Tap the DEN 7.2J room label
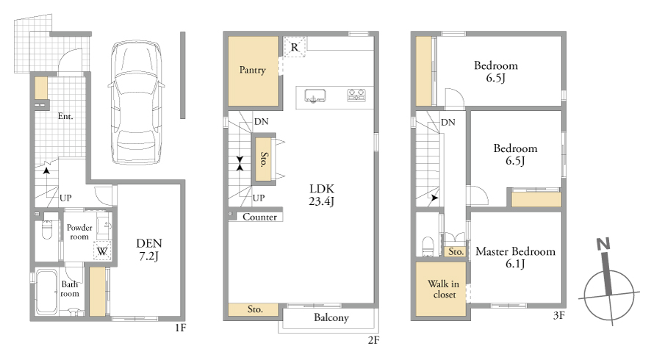click(x=149, y=250)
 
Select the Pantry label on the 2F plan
click(x=252, y=70)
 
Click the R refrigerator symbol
click(x=295, y=47)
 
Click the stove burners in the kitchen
click(x=356, y=96)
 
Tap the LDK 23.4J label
click(x=322, y=195)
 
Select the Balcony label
click(x=331, y=318)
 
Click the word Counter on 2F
click(x=259, y=217)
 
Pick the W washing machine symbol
click(x=102, y=251)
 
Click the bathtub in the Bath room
click(x=47, y=292)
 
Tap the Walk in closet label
click(x=443, y=289)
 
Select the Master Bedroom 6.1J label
click(x=516, y=257)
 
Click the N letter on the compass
click(x=603, y=244)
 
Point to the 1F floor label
click(x=180, y=328)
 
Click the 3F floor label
click(x=559, y=315)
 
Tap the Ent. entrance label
click(x=65, y=116)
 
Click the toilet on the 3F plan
click(x=428, y=246)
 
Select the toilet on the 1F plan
click(x=47, y=229)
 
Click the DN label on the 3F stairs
click(x=448, y=122)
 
